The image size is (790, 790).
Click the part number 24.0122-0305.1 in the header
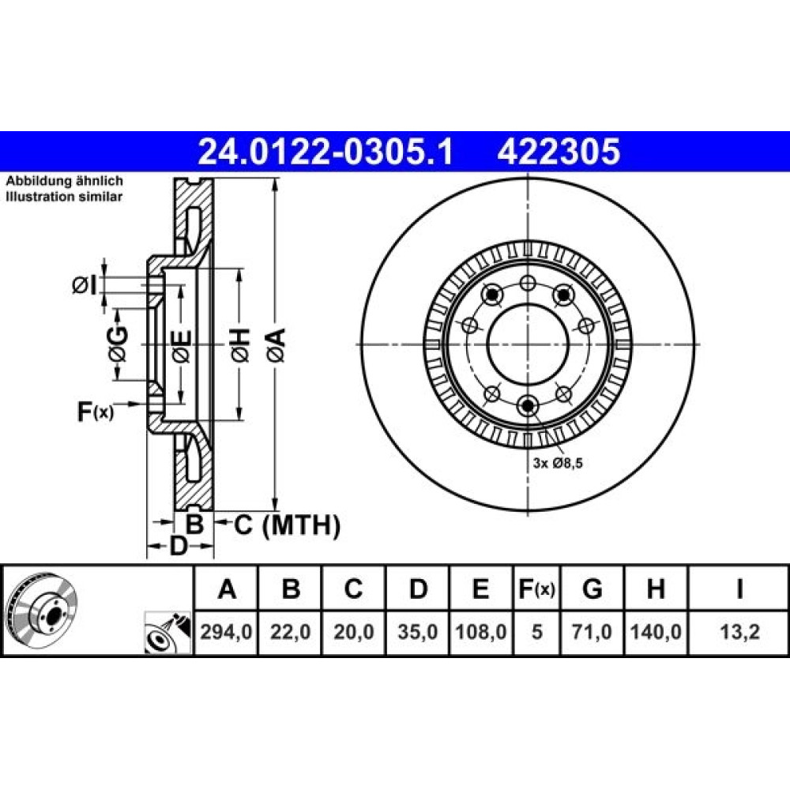[325, 152]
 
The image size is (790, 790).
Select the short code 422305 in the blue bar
[559, 152]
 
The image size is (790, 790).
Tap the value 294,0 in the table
[226, 631]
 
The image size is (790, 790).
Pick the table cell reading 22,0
[290, 631]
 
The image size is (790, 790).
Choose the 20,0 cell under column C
[354, 631]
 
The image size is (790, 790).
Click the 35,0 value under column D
[418, 631]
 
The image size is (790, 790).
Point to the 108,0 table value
[481, 631]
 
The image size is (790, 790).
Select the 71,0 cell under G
[592, 631]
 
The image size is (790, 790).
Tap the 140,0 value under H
[656, 631]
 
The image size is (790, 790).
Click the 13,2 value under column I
[739, 631]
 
